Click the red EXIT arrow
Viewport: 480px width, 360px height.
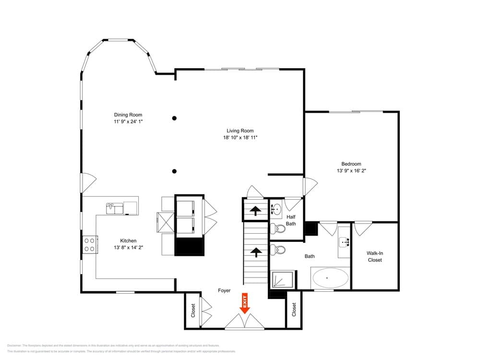245,303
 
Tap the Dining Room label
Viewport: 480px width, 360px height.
128,115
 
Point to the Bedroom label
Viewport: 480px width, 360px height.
351,164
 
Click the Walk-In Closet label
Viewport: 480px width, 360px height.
374,257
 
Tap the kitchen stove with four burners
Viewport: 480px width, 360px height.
90,245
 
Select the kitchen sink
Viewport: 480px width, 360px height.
115,208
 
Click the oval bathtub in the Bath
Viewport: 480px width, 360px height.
331,278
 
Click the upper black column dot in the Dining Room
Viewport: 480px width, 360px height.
174,118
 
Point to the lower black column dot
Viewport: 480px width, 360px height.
174,171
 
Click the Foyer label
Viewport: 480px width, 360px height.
224,290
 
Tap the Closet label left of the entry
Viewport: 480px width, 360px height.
193,311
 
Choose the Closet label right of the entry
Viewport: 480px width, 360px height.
294,311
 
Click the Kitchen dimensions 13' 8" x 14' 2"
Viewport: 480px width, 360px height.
128,248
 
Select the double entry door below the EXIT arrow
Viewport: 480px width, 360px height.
245,323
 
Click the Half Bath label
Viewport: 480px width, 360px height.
291,220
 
